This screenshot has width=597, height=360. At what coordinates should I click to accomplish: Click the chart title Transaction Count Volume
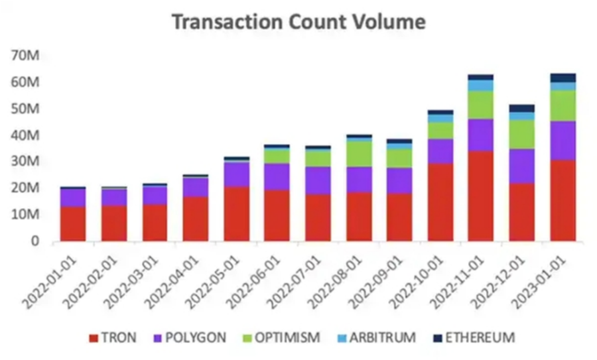click(x=298, y=22)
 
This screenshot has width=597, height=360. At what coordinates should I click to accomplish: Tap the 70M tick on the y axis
click(x=26, y=56)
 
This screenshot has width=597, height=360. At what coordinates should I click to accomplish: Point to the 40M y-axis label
click(x=26, y=135)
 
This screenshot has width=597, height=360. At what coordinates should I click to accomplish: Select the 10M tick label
click(x=26, y=215)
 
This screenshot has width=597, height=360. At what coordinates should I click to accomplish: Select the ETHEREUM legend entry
click(x=473, y=337)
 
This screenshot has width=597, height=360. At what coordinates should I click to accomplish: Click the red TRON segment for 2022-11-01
click(x=480, y=196)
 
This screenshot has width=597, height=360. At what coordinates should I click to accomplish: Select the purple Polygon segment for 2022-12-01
click(x=521, y=166)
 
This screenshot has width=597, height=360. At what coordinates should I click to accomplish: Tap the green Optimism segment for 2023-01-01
click(x=563, y=105)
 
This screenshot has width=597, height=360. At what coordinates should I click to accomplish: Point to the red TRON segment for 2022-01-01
click(x=72, y=223)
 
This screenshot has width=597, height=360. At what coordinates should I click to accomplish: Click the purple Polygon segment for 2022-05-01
click(x=236, y=174)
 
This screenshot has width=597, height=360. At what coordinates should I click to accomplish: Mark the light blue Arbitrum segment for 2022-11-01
click(x=480, y=85)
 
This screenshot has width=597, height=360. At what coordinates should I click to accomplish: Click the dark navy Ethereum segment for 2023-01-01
click(x=563, y=78)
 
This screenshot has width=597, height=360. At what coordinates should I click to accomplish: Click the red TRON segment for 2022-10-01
click(x=440, y=202)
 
